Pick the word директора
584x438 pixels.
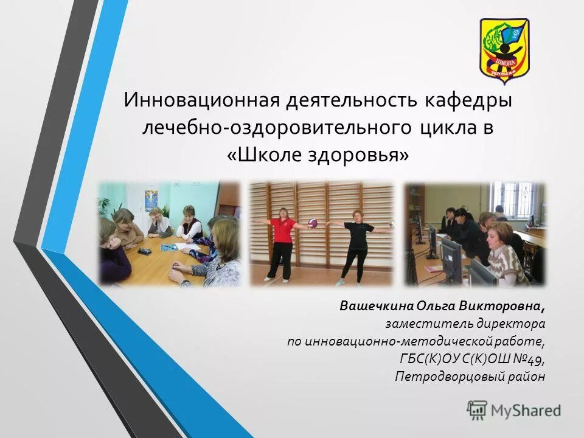pos(509,323)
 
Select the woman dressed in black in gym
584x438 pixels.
pos(356,243)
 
